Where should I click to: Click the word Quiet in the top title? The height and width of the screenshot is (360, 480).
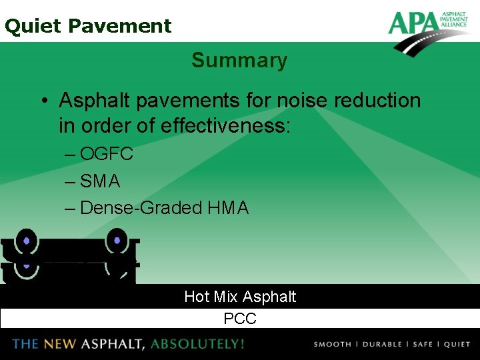click(x=33, y=26)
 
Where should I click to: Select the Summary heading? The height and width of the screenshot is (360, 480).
click(x=239, y=60)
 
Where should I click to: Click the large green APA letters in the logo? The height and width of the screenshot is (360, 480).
click(x=413, y=24)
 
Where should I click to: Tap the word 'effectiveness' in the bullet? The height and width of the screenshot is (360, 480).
click(x=225, y=125)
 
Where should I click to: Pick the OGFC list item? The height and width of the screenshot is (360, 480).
click(x=106, y=154)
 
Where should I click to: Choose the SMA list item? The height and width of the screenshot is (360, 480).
click(x=100, y=181)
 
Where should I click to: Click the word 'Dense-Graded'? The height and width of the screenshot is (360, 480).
click(x=141, y=208)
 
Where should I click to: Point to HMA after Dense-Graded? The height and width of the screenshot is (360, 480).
click(x=228, y=208)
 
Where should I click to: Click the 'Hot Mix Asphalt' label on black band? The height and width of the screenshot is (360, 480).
click(x=240, y=297)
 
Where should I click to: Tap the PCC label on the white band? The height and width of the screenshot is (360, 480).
click(x=240, y=319)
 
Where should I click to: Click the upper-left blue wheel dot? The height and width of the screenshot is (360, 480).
click(x=26, y=241)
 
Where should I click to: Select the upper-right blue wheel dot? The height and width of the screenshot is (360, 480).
click(x=117, y=239)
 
